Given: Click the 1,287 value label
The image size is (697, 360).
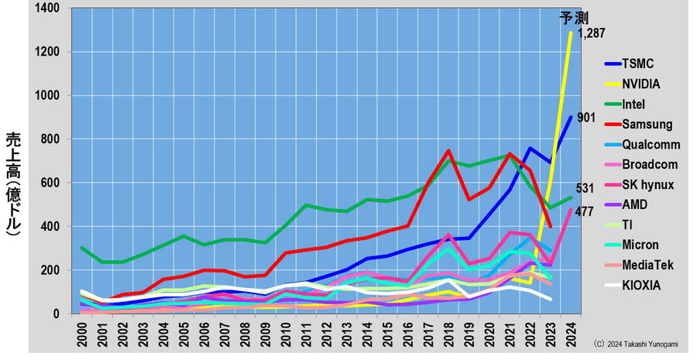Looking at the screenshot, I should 590,33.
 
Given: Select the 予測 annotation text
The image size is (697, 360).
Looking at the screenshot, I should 574,17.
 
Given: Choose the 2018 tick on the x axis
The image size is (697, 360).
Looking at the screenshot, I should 448,331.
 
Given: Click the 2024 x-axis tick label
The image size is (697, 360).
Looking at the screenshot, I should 570,331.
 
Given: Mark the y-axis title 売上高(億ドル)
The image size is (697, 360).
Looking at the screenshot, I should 13,183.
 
